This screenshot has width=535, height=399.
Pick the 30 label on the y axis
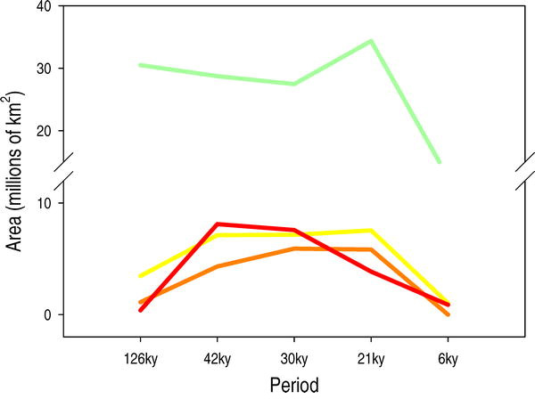(x=43, y=68)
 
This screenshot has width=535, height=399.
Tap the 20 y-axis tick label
(x=43, y=130)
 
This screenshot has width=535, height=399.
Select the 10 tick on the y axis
(x=43, y=203)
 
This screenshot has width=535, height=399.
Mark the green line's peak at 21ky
(x=370, y=41)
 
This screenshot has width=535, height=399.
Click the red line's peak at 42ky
(x=217, y=224)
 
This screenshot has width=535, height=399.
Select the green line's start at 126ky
(x=140, y=65)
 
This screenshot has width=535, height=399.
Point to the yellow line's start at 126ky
(x=140, y=276)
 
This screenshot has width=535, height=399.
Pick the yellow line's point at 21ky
(x=370, y=231)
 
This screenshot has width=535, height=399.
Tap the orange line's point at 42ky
(x=217, y=266)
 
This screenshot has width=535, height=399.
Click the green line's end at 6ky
(x=439, y=162)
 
